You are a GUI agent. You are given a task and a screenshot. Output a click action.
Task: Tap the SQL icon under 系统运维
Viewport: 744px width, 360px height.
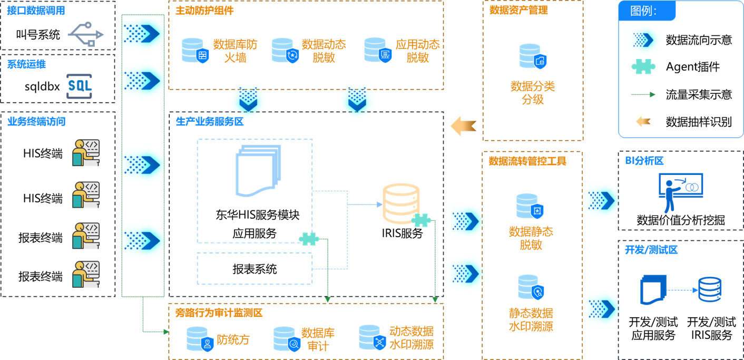point(80,85)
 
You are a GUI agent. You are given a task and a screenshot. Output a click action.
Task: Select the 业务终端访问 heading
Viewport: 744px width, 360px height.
point(36,122)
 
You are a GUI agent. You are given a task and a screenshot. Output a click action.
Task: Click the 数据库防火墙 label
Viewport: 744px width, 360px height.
point(235,51)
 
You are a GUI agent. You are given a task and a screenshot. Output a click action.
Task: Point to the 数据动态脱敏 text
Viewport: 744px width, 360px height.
point(324,51)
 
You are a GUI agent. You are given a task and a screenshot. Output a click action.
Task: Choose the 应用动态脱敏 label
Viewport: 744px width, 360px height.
point(417,51)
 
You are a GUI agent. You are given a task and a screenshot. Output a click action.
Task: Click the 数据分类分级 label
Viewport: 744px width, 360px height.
point(533,93)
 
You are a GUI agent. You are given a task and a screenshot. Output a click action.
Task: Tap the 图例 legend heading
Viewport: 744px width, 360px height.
point(643,11)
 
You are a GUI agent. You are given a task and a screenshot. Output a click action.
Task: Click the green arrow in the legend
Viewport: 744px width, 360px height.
point(643,94)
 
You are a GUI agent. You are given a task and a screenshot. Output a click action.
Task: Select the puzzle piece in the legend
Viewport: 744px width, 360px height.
point(643,66)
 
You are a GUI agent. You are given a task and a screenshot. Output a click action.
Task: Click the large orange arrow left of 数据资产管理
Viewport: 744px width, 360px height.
point(464,126)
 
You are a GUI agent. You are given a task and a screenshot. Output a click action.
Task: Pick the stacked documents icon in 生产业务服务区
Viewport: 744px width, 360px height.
point(258,170)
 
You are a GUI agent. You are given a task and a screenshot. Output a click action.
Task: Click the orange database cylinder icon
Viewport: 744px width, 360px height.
point(401,203)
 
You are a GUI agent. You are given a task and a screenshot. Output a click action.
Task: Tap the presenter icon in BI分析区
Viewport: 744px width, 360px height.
point(680,193)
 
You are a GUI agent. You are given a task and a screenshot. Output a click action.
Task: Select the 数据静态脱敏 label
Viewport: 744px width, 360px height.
point(531,238)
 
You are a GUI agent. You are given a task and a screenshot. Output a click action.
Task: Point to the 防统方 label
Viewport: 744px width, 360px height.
point(233,339)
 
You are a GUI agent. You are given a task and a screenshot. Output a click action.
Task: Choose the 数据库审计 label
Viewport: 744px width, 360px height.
point(318,339)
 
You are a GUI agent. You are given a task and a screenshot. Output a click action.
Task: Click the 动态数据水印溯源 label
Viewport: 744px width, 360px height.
point(412,338)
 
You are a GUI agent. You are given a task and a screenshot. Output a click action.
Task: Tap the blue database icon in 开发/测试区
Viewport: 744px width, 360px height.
point(710,289)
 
